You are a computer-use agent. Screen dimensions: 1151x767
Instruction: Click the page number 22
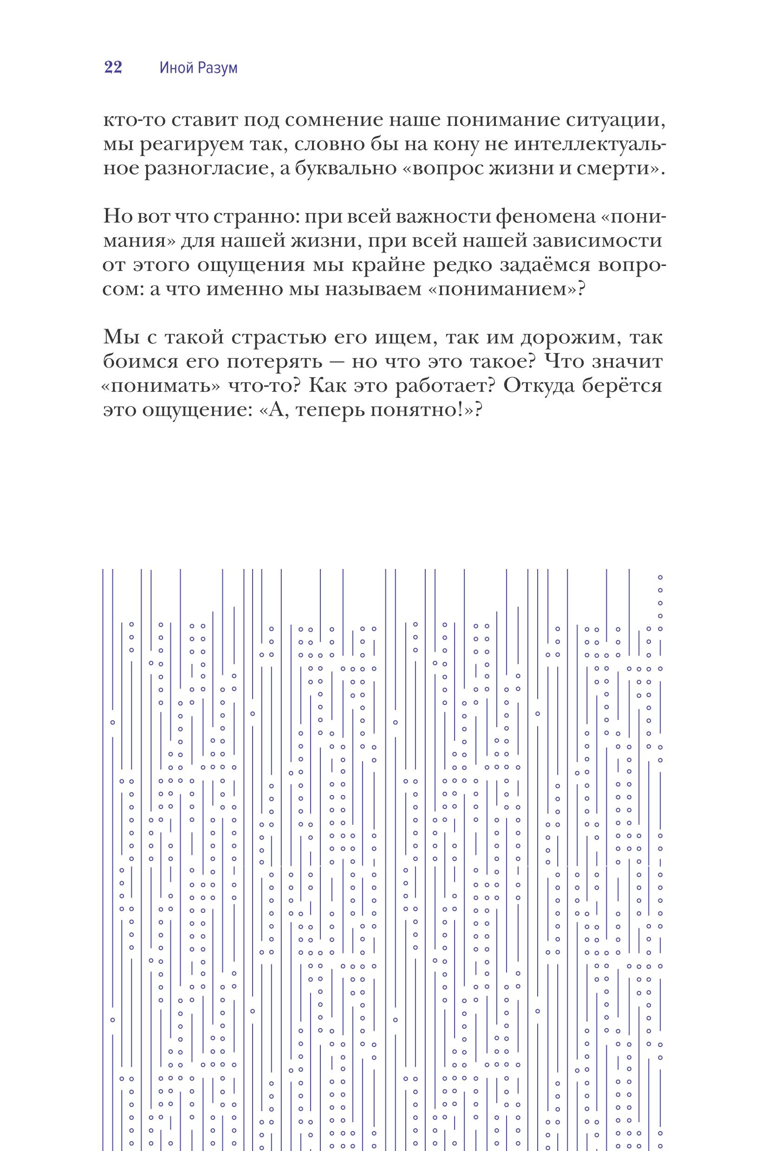pyautogui.click(x=113, y=67)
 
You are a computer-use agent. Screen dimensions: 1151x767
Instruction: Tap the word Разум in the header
pyautogui.click(x=218, y=68)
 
